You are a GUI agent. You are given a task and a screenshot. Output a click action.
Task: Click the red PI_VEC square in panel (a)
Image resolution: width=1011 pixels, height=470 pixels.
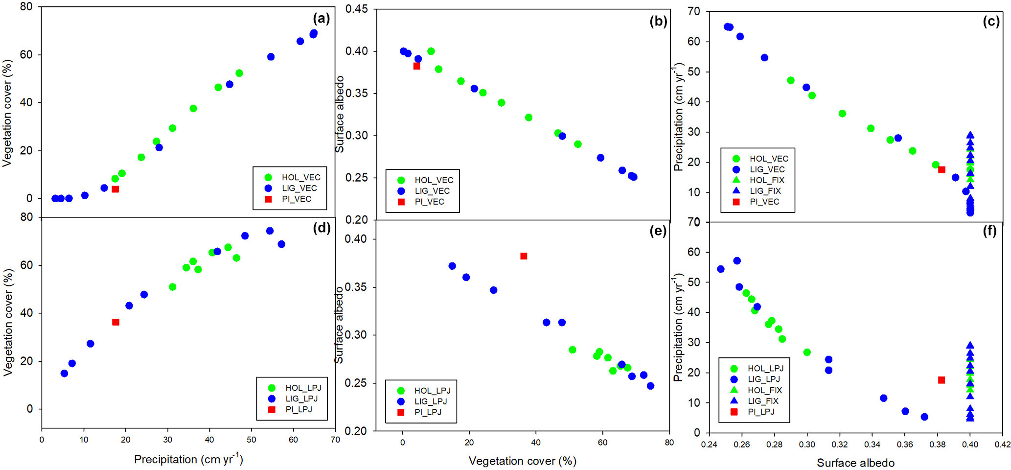(x=115, y=189)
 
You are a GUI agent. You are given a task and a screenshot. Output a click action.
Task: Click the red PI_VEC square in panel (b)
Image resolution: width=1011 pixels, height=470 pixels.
(x=416, y=66)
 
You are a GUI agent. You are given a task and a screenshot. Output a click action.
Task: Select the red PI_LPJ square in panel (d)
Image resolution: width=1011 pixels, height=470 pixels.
(x=115, y=322)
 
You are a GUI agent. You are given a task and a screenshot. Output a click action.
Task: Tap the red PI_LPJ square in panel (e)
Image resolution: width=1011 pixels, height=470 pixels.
(x=524, y=256)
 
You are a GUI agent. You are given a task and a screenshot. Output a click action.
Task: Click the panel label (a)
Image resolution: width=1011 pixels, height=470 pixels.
(x=322, y=19)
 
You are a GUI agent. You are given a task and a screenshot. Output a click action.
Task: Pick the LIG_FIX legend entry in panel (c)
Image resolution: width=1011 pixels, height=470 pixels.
(x=765, y=191)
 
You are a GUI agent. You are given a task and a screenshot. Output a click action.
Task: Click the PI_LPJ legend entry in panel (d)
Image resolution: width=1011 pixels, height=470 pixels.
(x=298, y=409)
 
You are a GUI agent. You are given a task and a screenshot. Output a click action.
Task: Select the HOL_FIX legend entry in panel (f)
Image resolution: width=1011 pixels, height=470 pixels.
(x=764, y=390)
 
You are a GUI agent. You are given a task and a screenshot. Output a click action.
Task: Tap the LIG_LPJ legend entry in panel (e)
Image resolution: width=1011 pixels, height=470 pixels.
(x=430, y=401)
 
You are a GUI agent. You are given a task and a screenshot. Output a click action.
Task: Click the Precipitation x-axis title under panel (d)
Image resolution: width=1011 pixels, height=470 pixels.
(x=188, y=459)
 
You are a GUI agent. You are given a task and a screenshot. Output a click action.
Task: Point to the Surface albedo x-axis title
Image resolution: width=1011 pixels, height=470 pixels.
(x=855, y=463)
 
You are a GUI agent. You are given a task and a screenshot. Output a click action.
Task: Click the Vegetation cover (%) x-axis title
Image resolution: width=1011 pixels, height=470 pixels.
(x=522, y=461)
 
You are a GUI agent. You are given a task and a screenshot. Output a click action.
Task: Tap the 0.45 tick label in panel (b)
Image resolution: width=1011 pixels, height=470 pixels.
(x=357, y=9)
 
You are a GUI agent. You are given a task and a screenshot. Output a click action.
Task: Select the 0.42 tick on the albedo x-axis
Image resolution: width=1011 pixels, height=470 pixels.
(x=1002, y=445)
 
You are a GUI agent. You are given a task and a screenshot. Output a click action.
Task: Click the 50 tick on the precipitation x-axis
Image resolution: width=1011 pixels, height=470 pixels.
(x=252, y=440)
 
